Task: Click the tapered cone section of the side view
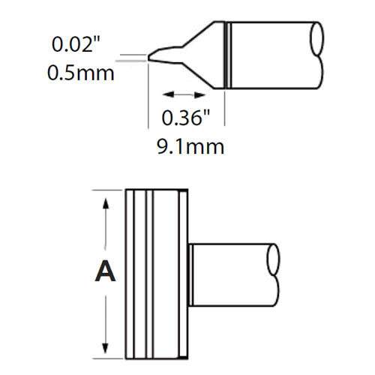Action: pyautogui.click(x=206, y=52)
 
